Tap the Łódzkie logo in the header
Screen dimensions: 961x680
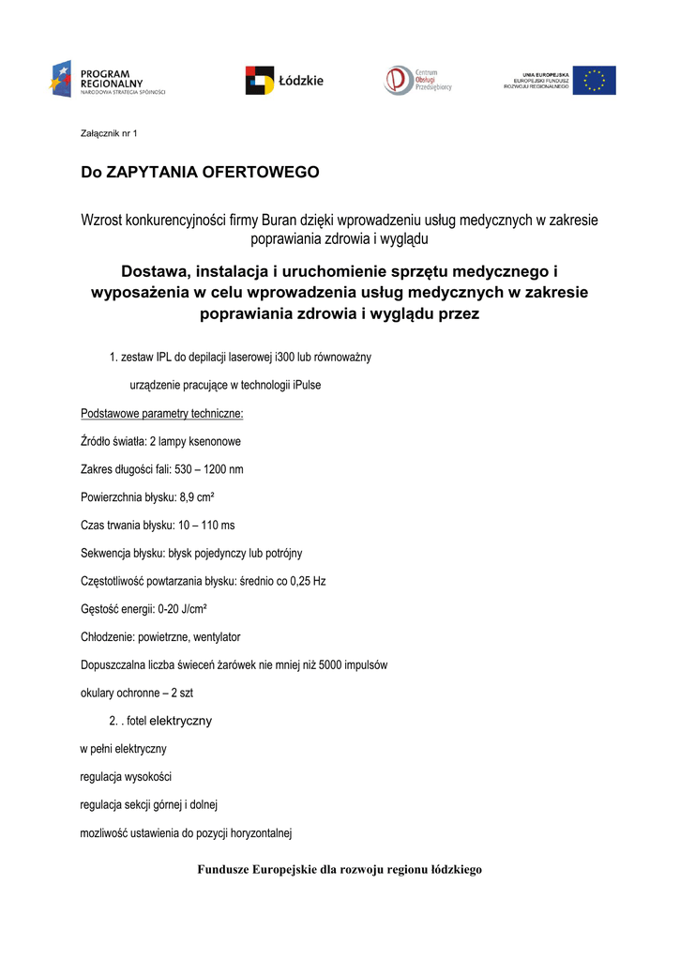[x=284, y=81]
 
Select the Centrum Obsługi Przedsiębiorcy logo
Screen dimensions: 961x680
[x=417, y=80]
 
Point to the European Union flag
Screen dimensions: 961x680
[x=594, y=81]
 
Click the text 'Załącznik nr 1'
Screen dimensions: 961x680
[x=109, y=134]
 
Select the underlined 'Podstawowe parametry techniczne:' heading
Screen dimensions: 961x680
[x=162, y=413]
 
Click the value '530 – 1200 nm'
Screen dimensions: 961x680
[x=209, y=469]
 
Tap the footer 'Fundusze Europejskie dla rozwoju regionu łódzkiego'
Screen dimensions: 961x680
[x=340, y=870]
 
